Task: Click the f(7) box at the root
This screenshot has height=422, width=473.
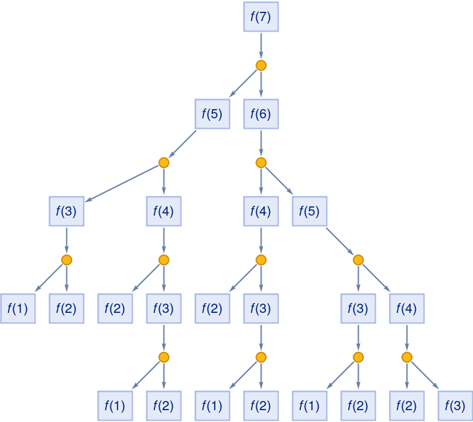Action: coord(261,16)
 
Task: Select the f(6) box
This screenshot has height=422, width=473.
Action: coord(261,114)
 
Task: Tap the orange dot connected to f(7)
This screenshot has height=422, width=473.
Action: coord(261,65)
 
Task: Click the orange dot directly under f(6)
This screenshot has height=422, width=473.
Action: coord(261,162)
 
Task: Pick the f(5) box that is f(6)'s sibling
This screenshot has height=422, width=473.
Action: coord(212,114)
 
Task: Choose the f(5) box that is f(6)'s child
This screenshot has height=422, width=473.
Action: coord(309,211)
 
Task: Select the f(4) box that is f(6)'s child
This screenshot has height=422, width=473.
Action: coord(261,211)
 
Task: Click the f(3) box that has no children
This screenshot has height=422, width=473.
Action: coord(455,406)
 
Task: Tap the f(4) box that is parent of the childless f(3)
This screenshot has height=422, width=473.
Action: coord(407,308)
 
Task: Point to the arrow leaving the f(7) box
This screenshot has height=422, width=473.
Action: coord(261,45)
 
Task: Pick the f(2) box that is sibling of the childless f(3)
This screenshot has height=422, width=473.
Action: coord(407,406)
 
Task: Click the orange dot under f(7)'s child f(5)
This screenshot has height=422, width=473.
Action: coord(164,162)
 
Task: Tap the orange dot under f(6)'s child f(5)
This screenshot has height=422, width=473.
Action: coord(358,260)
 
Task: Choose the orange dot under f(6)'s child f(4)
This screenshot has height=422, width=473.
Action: coord(261,260)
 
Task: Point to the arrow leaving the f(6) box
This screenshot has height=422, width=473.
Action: coord(261,143)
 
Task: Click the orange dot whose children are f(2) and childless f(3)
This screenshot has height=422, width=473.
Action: coord(407,357)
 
